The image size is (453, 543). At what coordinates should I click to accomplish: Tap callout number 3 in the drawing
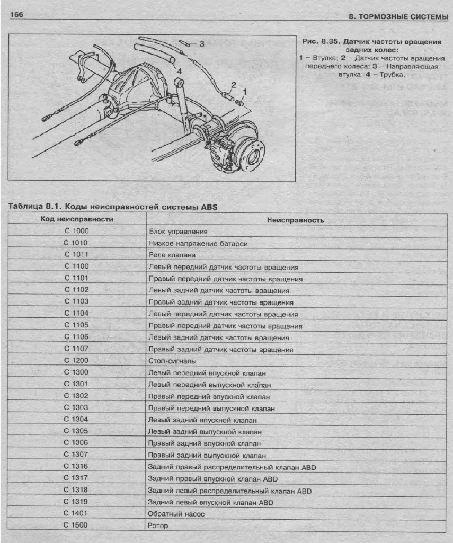pyautogui.click(x=201, y=44)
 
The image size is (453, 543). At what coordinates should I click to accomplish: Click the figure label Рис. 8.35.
pyautogui.click(x=320, y=41)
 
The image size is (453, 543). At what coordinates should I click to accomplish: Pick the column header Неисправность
pyautogui.click(x=296, y=219)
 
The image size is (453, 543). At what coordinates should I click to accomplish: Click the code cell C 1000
pyautogui.click(x=76, y=231)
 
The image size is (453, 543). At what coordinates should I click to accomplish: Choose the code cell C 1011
pyautogui.click(x=76, y=254)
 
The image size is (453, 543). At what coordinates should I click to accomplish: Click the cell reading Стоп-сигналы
pyautogui.click(x=173, y=361)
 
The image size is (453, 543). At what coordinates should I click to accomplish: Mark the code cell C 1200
pyautogui.click(x=76, y=360)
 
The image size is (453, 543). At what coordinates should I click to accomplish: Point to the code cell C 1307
pyautogui.click(x=76, y=455)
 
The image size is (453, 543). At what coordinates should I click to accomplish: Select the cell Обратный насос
pyautogui.click(x=176, y=513)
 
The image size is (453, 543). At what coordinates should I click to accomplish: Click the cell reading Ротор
pyautogui.click(x=158, y=525)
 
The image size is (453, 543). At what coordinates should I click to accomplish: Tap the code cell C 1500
pyautogui.click(x=76, y=525)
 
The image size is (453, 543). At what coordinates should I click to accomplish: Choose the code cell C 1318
pyautogui.click(x=76, y=490)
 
